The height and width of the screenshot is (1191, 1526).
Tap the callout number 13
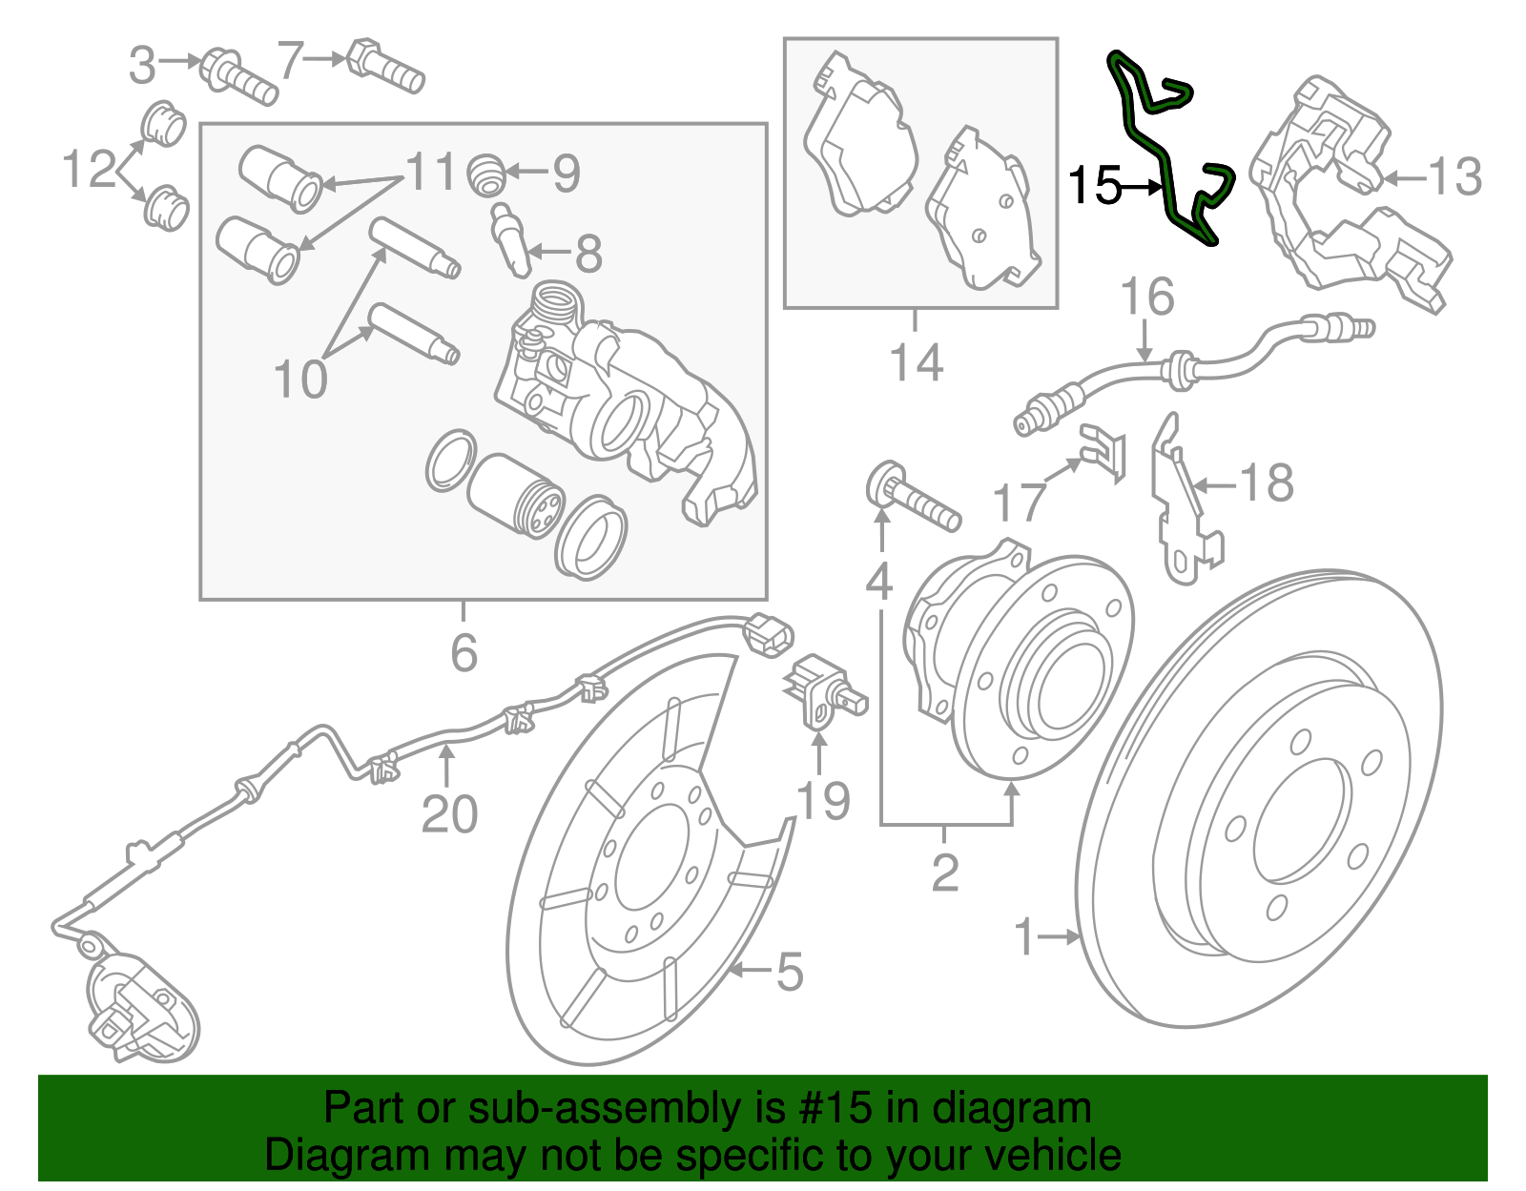click(1454, 176)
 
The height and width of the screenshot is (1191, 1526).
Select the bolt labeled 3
click(238, 76)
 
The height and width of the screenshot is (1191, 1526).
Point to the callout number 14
click(916, 362)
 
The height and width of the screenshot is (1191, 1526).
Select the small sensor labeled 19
click(820, 691)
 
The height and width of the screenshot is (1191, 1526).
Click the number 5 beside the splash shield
click(790, 972)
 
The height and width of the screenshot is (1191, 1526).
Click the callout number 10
click(299, 380)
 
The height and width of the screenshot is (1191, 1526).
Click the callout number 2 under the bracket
click(944, 872)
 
